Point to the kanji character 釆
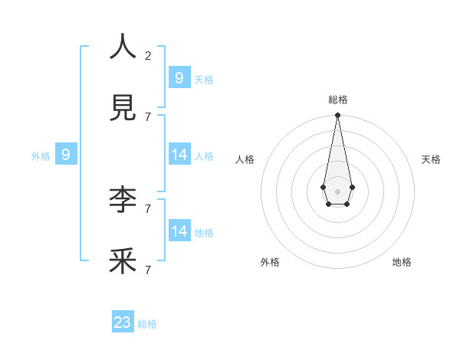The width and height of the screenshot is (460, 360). pyautogui.click(x=123, y=261)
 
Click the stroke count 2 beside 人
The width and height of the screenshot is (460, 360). pyautogui.click(x=148, y=55)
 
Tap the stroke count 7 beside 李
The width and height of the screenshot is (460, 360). pyautogui.click(x=148, y=208)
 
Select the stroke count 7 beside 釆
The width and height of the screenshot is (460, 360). pyautogui.click(x=148, y=270)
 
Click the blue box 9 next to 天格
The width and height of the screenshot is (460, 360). pyautogui.click(x=179, y=77)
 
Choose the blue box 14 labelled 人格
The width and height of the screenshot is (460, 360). pyautogui.click(x=179, y=154)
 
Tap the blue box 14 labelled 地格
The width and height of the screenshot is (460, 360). pyautogui.click(x=179, y=231)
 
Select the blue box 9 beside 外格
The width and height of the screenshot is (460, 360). pyautogui.click(x=66, y=155)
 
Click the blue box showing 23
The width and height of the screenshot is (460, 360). pyautogui.click(x=123, y=322)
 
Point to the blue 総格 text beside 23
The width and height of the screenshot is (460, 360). pyautogui.click(x=147, y=324)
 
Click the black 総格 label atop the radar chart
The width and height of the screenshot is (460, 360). pyautogui.click(x=337, y=100)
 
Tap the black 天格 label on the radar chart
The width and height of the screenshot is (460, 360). pyautogui.click(x=431, y=159)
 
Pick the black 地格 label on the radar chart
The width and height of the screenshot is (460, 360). pyautogui.click(x=402, y=262)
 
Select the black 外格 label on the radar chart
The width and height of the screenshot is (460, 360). pyautogui.click(x=270, y=262)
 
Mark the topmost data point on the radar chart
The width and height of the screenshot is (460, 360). pyautogui.click(x=337, y=115)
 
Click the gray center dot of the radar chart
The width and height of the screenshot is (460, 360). pyautogui.click(x=337, y=191)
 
